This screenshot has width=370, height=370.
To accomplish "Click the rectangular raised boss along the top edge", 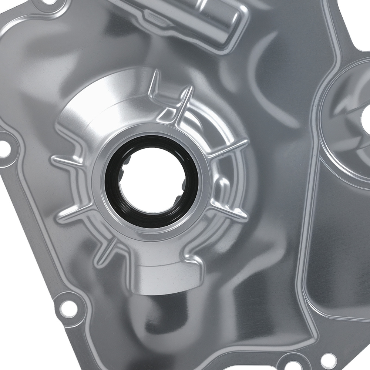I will click(x=192, y=18).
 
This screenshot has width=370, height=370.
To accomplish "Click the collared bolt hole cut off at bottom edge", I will click(x=291, y=364).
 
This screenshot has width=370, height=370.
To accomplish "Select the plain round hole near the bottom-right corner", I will click(x=327, y=358).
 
